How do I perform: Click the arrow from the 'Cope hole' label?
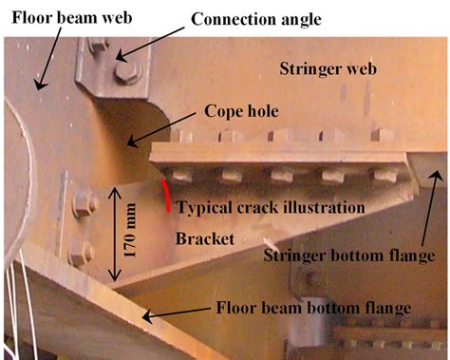(162, 131)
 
